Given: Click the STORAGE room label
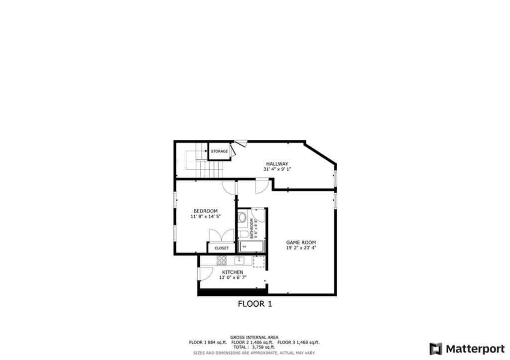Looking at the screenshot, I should [x=219, y=151].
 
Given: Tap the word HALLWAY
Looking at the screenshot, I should [x=277, y=164].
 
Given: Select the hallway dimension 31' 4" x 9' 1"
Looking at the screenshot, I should [x=277, y=169].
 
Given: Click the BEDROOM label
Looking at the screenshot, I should [x=205, y=211].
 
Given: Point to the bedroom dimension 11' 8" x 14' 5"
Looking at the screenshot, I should [x=205, y=217].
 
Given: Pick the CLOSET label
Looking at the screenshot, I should [x=222, y=248].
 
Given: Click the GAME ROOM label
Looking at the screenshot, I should [x=301, y=242].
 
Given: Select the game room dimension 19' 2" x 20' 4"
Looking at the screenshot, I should [x=301, y=248].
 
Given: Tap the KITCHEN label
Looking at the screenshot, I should [x=233, y=272].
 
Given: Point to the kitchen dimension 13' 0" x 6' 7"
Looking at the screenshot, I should [x=233, y=277].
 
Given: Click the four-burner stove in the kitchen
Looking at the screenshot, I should [x=221, y=260].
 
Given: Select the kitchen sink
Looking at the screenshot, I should [x=240, y=260].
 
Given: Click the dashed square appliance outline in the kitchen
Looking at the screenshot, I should [x=258, y=261].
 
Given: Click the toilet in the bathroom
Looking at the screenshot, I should [x=243, y=234].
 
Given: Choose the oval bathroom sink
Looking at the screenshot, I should [x=242, y=217].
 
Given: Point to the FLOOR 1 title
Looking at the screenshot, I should [x=255, y=303].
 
